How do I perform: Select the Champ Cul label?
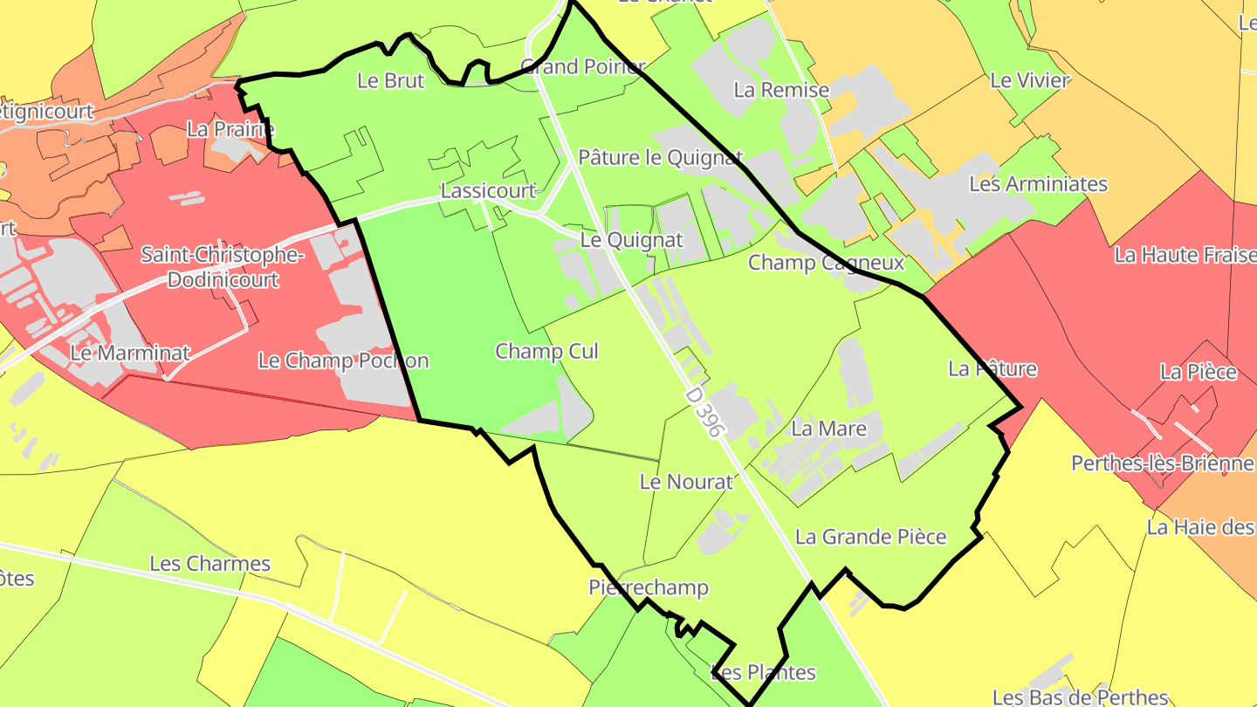pyautogui.click(x=547, y=351)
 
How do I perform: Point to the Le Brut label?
pyautogui.click(x=391, y=80)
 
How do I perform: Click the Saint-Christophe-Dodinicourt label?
pyautogui.click(x=223, y=268)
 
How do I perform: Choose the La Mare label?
pyautogui.click(x=828, y=429)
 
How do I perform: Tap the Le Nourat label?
pyautogui.click(x=686, y=481)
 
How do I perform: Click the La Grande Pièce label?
pyautogui.click(x=870, y=536)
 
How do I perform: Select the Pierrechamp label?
pyautogui.click(x=649, y=587)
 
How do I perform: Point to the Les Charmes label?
pyautogui.click(x=210, y=563)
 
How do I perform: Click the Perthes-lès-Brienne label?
pyautogui.click(x=1162, y=463)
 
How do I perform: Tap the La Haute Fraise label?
pyautogui.click(x=1184, y=255)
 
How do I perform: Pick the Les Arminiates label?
pyautogui.click(x=1038, y=184)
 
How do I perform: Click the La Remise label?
pyautogui.click(x=781, y=89)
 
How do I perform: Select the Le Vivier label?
pyautogui.click(x=1030, y=80)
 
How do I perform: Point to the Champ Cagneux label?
pyautogui.click(x=826, y=262)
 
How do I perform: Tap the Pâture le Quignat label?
pyautogui.click(x=660, y=158)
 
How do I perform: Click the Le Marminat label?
pyautogui.click(x=130, y=353)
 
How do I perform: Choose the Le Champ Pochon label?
pyautogui.click(x=343, y=360)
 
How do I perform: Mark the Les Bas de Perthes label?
pyautogui.click(x=1080, y=697)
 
